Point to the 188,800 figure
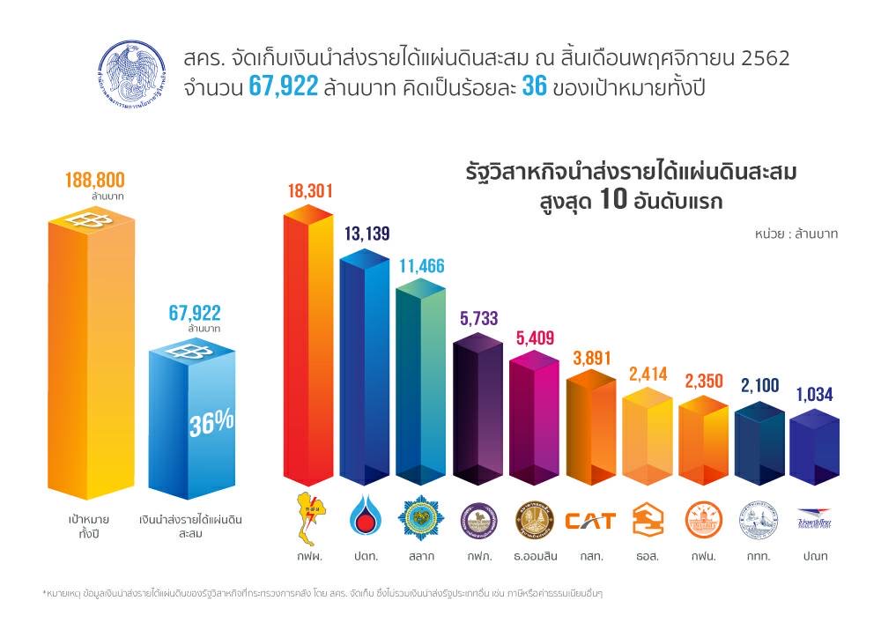94,181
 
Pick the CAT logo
590,521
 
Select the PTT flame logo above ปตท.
366,518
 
